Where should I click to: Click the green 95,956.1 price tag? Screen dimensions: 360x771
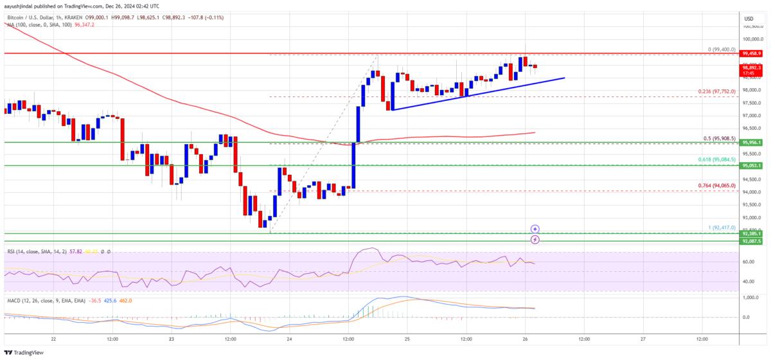click(x=750, y=142)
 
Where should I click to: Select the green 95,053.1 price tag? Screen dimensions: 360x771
click(x=750, y=165)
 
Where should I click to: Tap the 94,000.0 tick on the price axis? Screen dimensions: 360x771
click(x=750, y=192)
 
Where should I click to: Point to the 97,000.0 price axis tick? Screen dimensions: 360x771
click(x=750, y=116)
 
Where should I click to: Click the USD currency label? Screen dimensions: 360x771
click(x=749, y=19)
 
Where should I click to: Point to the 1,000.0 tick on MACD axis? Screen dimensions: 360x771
click(x=750, y=298)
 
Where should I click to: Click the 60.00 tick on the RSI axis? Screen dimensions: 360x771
click(x=749, y=262)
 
